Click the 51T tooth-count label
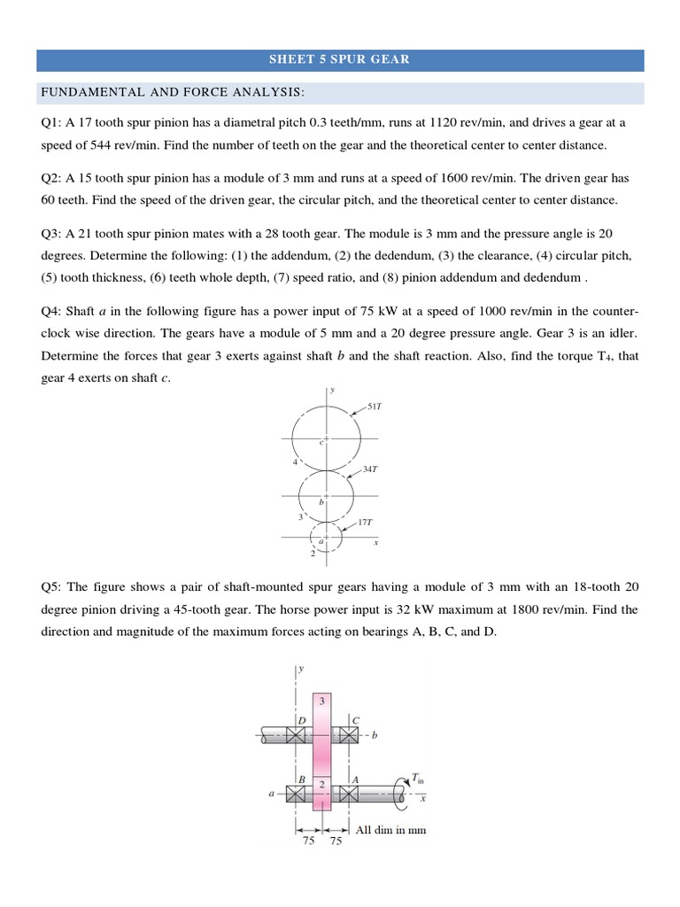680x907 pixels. [x=374, y=407]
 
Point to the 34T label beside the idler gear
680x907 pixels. [x=370, y=469]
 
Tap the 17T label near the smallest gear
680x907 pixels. [x=366, y=523]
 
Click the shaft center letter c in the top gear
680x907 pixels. [x=321, y=443]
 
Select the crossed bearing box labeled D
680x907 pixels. [x=297, y=735]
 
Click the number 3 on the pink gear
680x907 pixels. [x=321, y=701]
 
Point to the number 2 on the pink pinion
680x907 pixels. [x=321, y=785]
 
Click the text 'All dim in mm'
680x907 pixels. [x=390, y=830]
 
